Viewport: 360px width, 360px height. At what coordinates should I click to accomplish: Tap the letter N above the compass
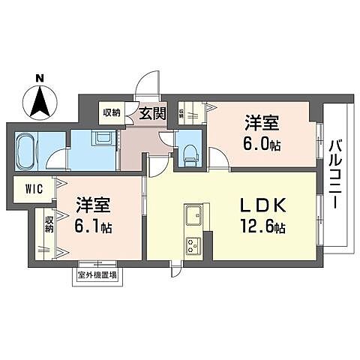40,76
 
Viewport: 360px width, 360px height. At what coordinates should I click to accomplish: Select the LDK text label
259,205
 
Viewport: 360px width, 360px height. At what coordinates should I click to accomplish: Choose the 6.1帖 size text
92,226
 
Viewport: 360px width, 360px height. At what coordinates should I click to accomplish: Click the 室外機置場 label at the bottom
97,275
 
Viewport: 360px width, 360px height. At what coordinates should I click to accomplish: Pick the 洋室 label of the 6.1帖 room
93,205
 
